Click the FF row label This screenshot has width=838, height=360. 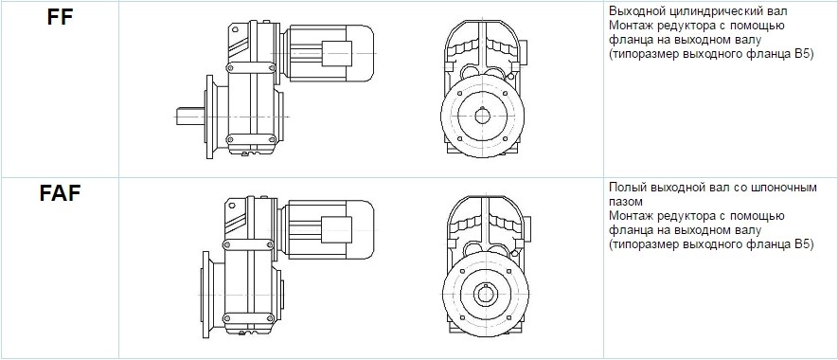click(60, 17)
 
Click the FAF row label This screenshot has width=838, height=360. click(60, 193)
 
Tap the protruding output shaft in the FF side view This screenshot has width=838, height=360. click(190, 117)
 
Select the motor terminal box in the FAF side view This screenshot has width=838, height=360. click(336, 229)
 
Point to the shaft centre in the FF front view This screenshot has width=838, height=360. click(483, 116)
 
